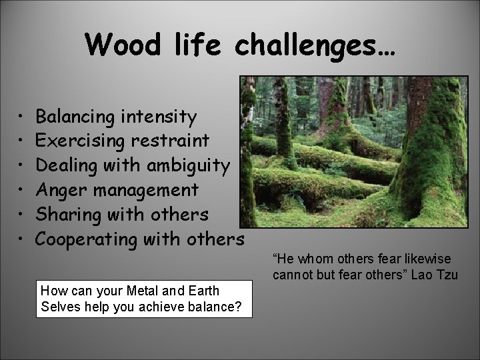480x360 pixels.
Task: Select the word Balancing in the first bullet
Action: point(77,118)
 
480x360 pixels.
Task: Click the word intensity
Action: point(160,118)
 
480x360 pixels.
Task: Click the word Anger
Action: point(60,191)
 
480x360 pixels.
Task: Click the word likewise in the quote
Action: point(427,259)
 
